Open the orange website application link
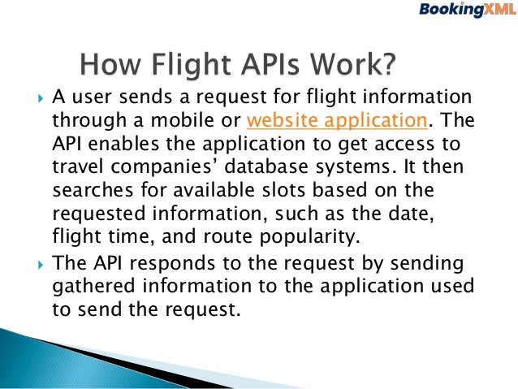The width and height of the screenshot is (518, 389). point(336,122)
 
